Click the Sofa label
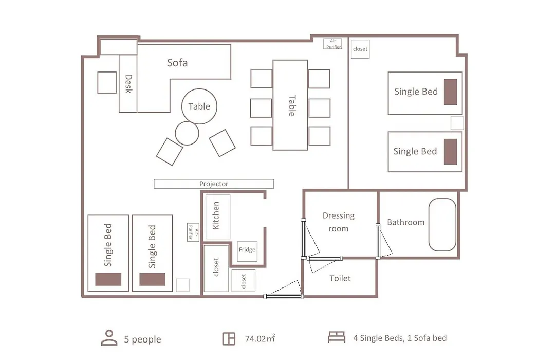click(x=177, y=63)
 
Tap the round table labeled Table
click(x=199, y=106)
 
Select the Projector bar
click(x=214, y=184)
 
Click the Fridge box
click(x=247, y=250)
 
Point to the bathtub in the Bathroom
click(x=442, y=225)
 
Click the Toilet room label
click(x=340, y=279)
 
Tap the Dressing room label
click(x=338, y=222)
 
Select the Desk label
click(x=128, y=84)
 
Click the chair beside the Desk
click(x=107, y=83)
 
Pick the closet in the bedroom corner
click(x=360, y=49)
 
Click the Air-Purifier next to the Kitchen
click(x=193, y=232)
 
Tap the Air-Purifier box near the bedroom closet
click(x=333, y=44)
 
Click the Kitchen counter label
click(x=216, y=215)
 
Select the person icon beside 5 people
click(x=109, y=338)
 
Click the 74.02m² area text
click(x=260, y=338)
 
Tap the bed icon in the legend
click(x=337, y=337)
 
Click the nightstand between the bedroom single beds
click(x=457, y=123)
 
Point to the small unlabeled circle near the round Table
click(x=187, y=133)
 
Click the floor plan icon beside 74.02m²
click(x=229, y=339)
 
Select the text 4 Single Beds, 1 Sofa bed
click(x=400, y=338)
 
